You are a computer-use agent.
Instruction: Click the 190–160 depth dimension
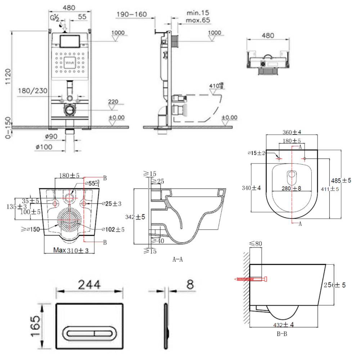(131, 14)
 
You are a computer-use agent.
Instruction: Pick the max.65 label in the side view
(198, 20)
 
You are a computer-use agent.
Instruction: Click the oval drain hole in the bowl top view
(292, 176)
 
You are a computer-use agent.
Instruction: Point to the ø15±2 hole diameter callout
(257, 153)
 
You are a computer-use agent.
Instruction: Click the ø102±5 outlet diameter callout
(113, 229)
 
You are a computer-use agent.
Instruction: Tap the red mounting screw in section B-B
(251, 279)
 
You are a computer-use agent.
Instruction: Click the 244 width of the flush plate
(90, 285)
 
